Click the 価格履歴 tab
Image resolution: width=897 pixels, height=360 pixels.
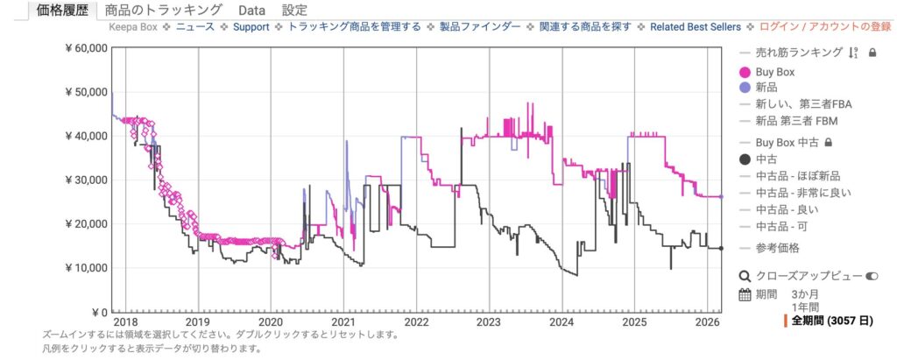pyautogui.click(x=59, y=11)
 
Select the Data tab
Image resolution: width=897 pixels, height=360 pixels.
pyautogui.click(x=252, y=11)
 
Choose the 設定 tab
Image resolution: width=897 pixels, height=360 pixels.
pyautogui.click(x=295, y=11)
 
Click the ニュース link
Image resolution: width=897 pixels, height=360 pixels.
pyautogui.click(x=195, y=28)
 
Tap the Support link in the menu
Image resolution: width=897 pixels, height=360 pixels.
pyautogui.click(x=252, y=28)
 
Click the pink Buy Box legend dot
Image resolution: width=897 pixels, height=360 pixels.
pyautogui.click(x=745, y=72)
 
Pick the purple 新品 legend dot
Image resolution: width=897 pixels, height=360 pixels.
pyautogui.click(x=745, y=88)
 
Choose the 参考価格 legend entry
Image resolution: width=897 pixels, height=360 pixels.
pyautogui.click(x=777, y=248)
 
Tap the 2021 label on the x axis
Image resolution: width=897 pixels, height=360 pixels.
pyautogui.click(x=343, y=321)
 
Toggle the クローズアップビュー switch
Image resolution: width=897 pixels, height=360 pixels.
pyautogui.click(x=872, y=275)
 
